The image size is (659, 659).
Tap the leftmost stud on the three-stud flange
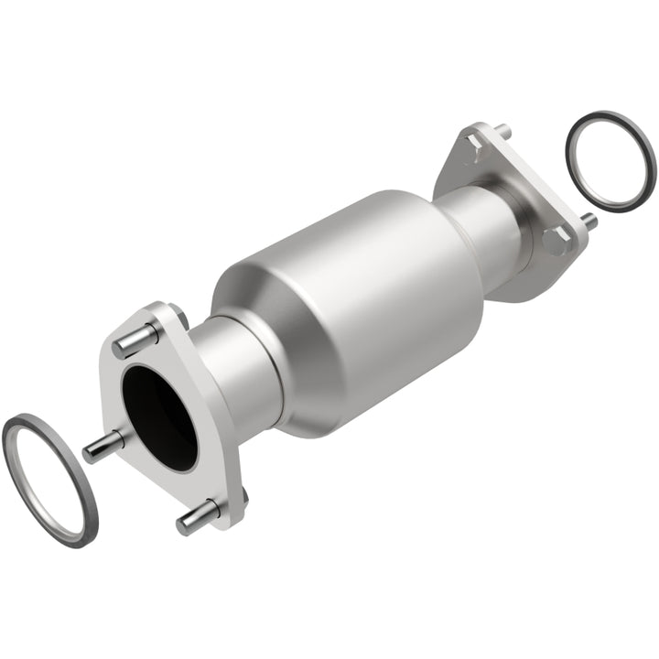102,448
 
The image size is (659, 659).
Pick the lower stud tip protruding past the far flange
589,221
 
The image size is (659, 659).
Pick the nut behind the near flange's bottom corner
243,499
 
